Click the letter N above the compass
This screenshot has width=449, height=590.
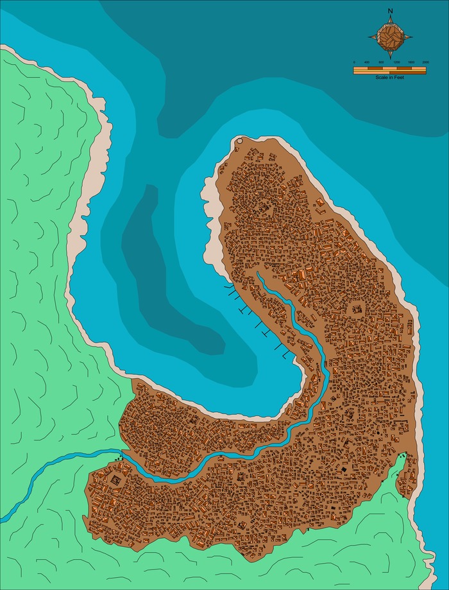point(390,11)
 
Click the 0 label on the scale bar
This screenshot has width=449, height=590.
point(354,62)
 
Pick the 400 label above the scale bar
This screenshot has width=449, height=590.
point(367,62)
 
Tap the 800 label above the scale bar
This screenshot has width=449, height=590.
point(382,62)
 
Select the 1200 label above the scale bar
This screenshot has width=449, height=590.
point(396,62)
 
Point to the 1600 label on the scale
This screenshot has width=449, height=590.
point(411,62)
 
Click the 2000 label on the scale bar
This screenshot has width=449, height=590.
point(425,62)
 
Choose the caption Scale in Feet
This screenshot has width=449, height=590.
point(390,76)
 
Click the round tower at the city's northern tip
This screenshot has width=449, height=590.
point(239,140)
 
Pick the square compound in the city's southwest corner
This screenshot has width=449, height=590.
point(116,480)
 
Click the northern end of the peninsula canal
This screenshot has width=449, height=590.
point(258,274)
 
